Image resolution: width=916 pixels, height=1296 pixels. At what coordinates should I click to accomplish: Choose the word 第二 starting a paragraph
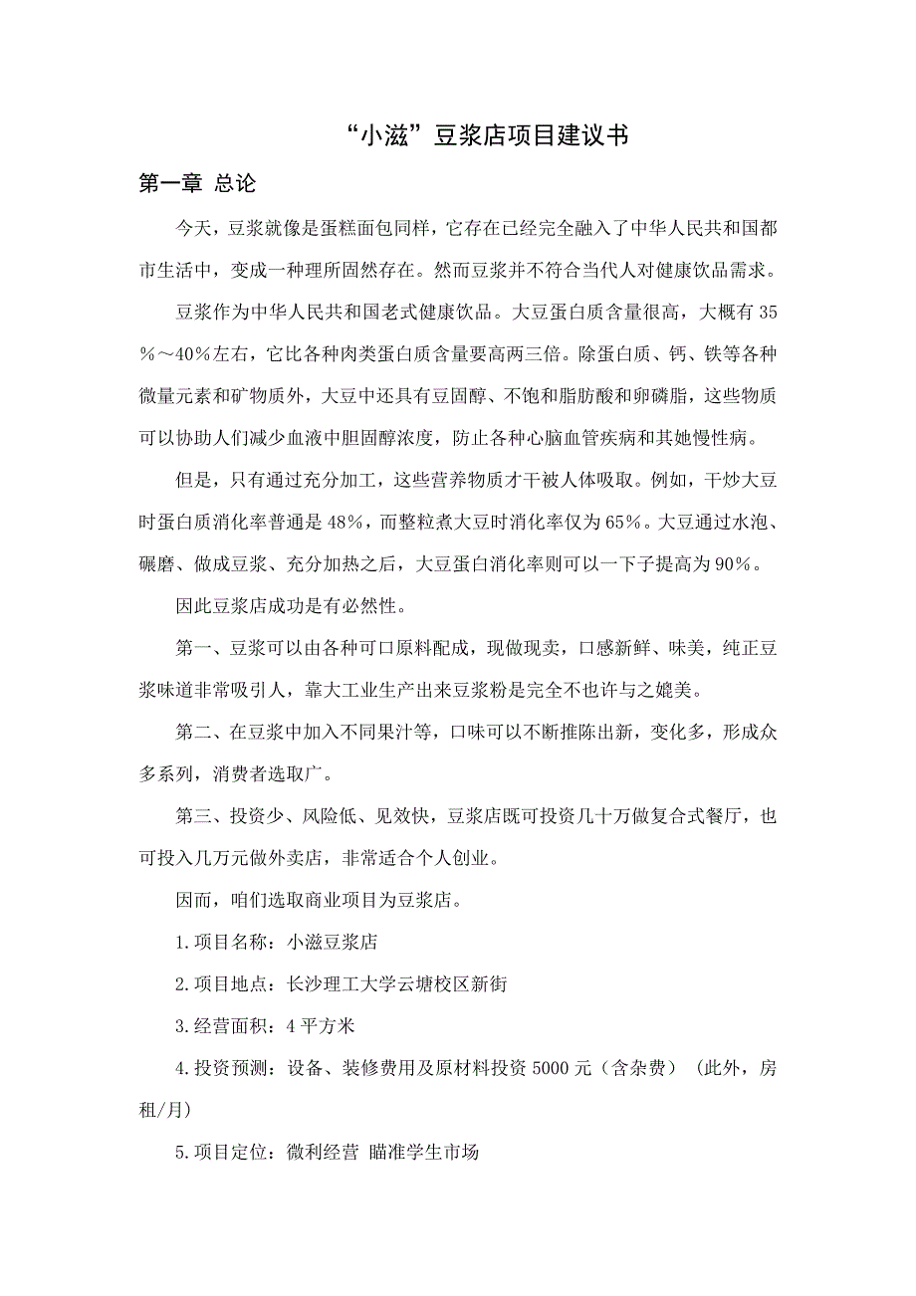pyautogui.click(x=193, y=734)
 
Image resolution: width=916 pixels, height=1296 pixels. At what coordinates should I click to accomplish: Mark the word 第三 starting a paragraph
pyautogui.click(x=193, y=818)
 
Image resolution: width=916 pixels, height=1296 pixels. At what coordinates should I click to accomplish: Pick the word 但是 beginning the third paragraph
pyautogui.click(x=193, y=480)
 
